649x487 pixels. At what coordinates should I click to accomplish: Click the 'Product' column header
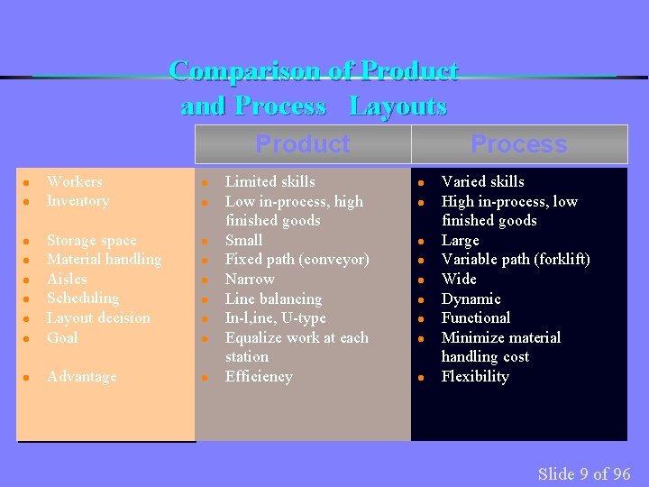coord(302,143)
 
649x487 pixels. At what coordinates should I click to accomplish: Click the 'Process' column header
coord(518,144)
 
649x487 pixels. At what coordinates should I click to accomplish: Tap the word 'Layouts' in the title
coord(398,106)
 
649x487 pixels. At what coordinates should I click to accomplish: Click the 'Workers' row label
coord(74,181)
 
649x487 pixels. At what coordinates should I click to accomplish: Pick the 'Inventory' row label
coord(78,200)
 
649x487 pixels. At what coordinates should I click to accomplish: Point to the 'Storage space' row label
coord(91,240)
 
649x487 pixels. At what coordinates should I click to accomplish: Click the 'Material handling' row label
coord(104,259)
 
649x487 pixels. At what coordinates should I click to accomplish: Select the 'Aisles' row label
coord(67,279)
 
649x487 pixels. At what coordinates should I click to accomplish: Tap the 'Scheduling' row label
coord(82,298)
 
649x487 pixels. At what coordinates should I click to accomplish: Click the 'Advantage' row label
coord(81,376)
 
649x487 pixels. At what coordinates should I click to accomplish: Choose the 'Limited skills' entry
coord(270,181)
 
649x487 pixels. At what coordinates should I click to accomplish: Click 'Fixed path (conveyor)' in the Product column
coord(297,259)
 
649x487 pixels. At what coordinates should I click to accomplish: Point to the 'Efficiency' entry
coord(258,376)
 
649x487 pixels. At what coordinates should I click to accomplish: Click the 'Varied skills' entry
coord(482,181)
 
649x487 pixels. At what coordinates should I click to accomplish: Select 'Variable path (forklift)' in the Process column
coord(516,259)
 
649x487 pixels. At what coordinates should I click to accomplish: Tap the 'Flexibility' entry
coord(474,376)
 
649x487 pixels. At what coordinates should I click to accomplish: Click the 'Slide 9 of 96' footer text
coord(584,473)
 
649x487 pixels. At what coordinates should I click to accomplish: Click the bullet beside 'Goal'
coord(28,338)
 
